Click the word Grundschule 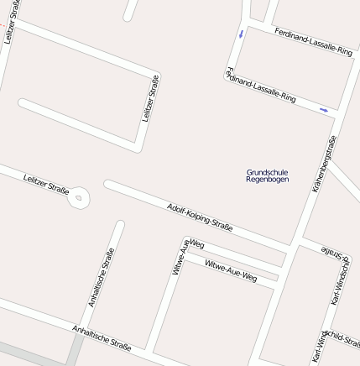click(x=267, y=172)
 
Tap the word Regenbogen click(x=267, y=180)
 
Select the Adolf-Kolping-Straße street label click(x=200, y=217)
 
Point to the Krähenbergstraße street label click(x=324, y=165)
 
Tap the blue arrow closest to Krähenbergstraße click(x=324, y=110)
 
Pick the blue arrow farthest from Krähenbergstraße click(x=242, y=34)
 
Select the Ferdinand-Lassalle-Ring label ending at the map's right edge click(x=313, y=40)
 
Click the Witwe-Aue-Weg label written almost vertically click(x=180, y=257)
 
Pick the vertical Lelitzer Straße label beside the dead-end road click(x=150, y=98)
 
